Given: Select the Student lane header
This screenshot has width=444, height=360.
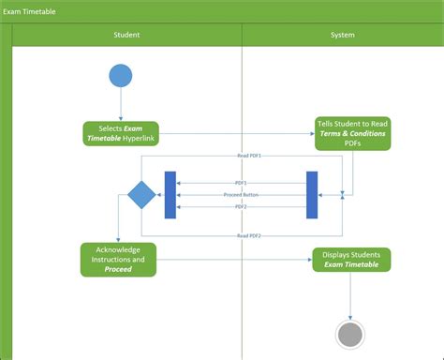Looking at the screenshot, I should click(126, 35).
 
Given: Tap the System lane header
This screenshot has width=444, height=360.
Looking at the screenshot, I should click(342, 35).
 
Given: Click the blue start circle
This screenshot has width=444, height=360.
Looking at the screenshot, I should click(121, 75).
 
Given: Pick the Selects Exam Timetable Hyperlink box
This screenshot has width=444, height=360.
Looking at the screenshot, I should click(121, 133).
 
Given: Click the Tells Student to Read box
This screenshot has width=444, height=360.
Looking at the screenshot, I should click(352, 133).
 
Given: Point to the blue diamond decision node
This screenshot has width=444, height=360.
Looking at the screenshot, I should click(141, 195).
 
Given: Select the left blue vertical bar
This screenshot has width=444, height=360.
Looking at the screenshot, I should click(170, 195).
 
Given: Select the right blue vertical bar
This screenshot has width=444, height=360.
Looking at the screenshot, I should click(312, 195).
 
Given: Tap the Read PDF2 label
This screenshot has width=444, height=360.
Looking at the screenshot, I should click(248, 235).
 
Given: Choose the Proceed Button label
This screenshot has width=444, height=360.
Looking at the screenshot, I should click(241, 195).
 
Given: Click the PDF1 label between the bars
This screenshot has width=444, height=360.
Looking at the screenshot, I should click(241, 183).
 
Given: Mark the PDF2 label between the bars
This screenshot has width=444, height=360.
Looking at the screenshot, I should click(241, 206).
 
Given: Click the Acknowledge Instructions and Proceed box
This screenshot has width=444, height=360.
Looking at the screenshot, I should click(118, 260).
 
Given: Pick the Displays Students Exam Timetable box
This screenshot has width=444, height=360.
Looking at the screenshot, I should click(351, 260).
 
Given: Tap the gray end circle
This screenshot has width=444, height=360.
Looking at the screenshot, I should click(350, 334).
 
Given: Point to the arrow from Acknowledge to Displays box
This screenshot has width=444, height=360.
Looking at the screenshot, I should click(234, 260).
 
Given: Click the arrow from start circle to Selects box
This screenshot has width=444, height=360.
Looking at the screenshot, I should click(121, 104).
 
